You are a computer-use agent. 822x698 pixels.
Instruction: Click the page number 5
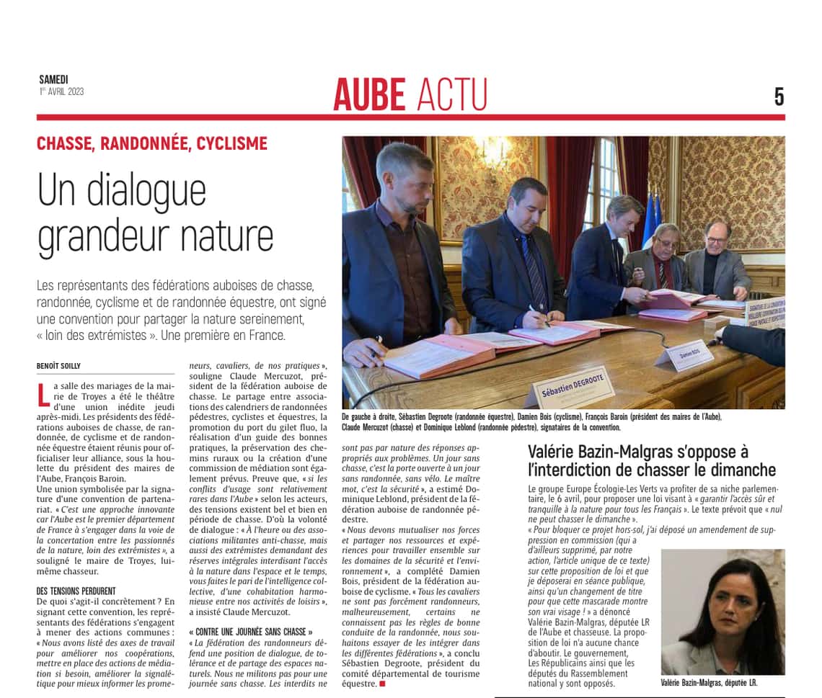pyautogui.click(x=779, y=97)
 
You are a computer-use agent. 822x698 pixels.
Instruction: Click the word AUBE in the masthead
pyautogui.click(x=369, y=94)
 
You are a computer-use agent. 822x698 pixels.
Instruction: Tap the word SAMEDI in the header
pyautogui.click(x=53, y=80)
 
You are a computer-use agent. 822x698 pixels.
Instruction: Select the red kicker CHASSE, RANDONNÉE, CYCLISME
pyautogui.click(x=151, y=143)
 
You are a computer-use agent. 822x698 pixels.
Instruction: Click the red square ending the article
pyautogui.click(x=382, y=683)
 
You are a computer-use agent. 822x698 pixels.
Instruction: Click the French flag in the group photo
pyautogui.click(x=652, y=216)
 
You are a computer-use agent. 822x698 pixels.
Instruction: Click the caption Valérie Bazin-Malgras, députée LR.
pyautogui.click(x=709, y=682)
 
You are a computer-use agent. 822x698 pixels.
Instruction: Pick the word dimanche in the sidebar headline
pyautogui.click(x=743, y=470)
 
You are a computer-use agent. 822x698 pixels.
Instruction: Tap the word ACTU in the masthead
pyautogui.click(x=452, y=94)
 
